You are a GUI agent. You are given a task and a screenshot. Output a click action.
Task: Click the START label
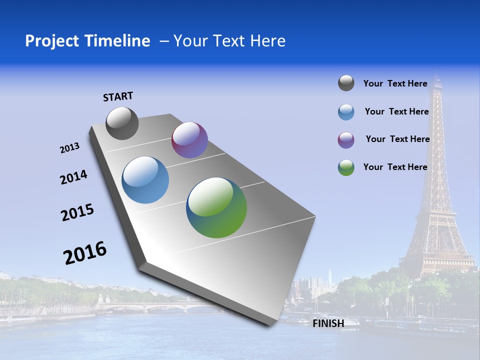(118, 96)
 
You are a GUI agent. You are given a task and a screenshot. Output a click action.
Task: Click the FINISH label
(328, 323)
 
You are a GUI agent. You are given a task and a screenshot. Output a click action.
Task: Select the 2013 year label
(69, 148)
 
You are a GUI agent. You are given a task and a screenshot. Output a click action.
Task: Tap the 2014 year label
(73, 177)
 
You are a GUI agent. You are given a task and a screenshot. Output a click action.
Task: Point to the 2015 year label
(77, 212)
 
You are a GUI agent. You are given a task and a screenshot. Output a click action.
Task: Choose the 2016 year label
(85, 253)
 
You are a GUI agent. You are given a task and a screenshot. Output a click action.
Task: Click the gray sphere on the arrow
(122, 123)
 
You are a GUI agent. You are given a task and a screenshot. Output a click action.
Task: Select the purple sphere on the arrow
(189, 140)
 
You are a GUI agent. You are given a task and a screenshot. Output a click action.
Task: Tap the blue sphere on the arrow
(145, 180)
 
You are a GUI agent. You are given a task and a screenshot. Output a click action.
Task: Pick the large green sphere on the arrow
(216, 207)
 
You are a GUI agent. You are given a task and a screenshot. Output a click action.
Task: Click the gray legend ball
(346, 83)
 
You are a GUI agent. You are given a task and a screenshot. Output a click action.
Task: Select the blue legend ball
(346, 112)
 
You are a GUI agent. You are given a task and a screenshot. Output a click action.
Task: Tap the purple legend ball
(346, 140)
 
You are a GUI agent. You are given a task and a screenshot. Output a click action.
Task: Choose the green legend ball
(346, 167)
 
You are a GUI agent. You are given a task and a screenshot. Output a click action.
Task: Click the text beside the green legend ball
(395, 167)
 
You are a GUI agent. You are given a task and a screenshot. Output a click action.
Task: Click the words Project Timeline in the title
(87, 41)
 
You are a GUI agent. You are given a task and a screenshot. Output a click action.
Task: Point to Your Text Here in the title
(229, 41)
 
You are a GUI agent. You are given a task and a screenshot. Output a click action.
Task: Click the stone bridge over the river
(150, 305)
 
